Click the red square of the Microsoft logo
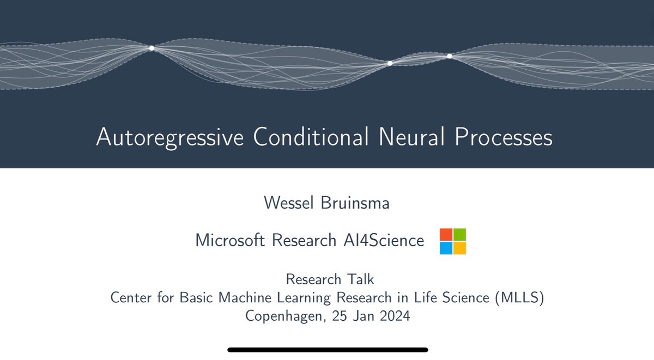[x=446, y=235]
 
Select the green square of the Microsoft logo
[x=459, y=235]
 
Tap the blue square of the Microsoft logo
[x=446, y=248]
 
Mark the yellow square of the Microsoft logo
[x=459, y=248]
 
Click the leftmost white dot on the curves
[x=152, y=48]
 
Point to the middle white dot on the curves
[x=390, y=63]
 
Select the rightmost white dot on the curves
[x=450, y=56]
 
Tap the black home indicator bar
[x=328, y=350]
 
